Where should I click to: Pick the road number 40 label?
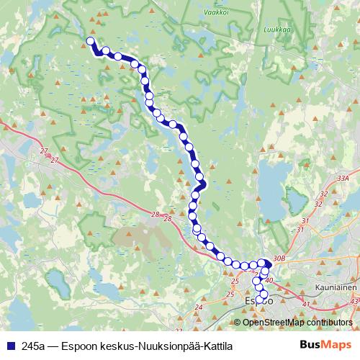tap(269, 279)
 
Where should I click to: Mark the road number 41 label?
tap(306, 305)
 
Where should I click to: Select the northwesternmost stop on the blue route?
tap(91, 41)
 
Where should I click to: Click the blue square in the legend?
tap(11, 346)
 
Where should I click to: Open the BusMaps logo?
tap(324, 345)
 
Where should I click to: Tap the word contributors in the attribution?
tap(328, 323)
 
